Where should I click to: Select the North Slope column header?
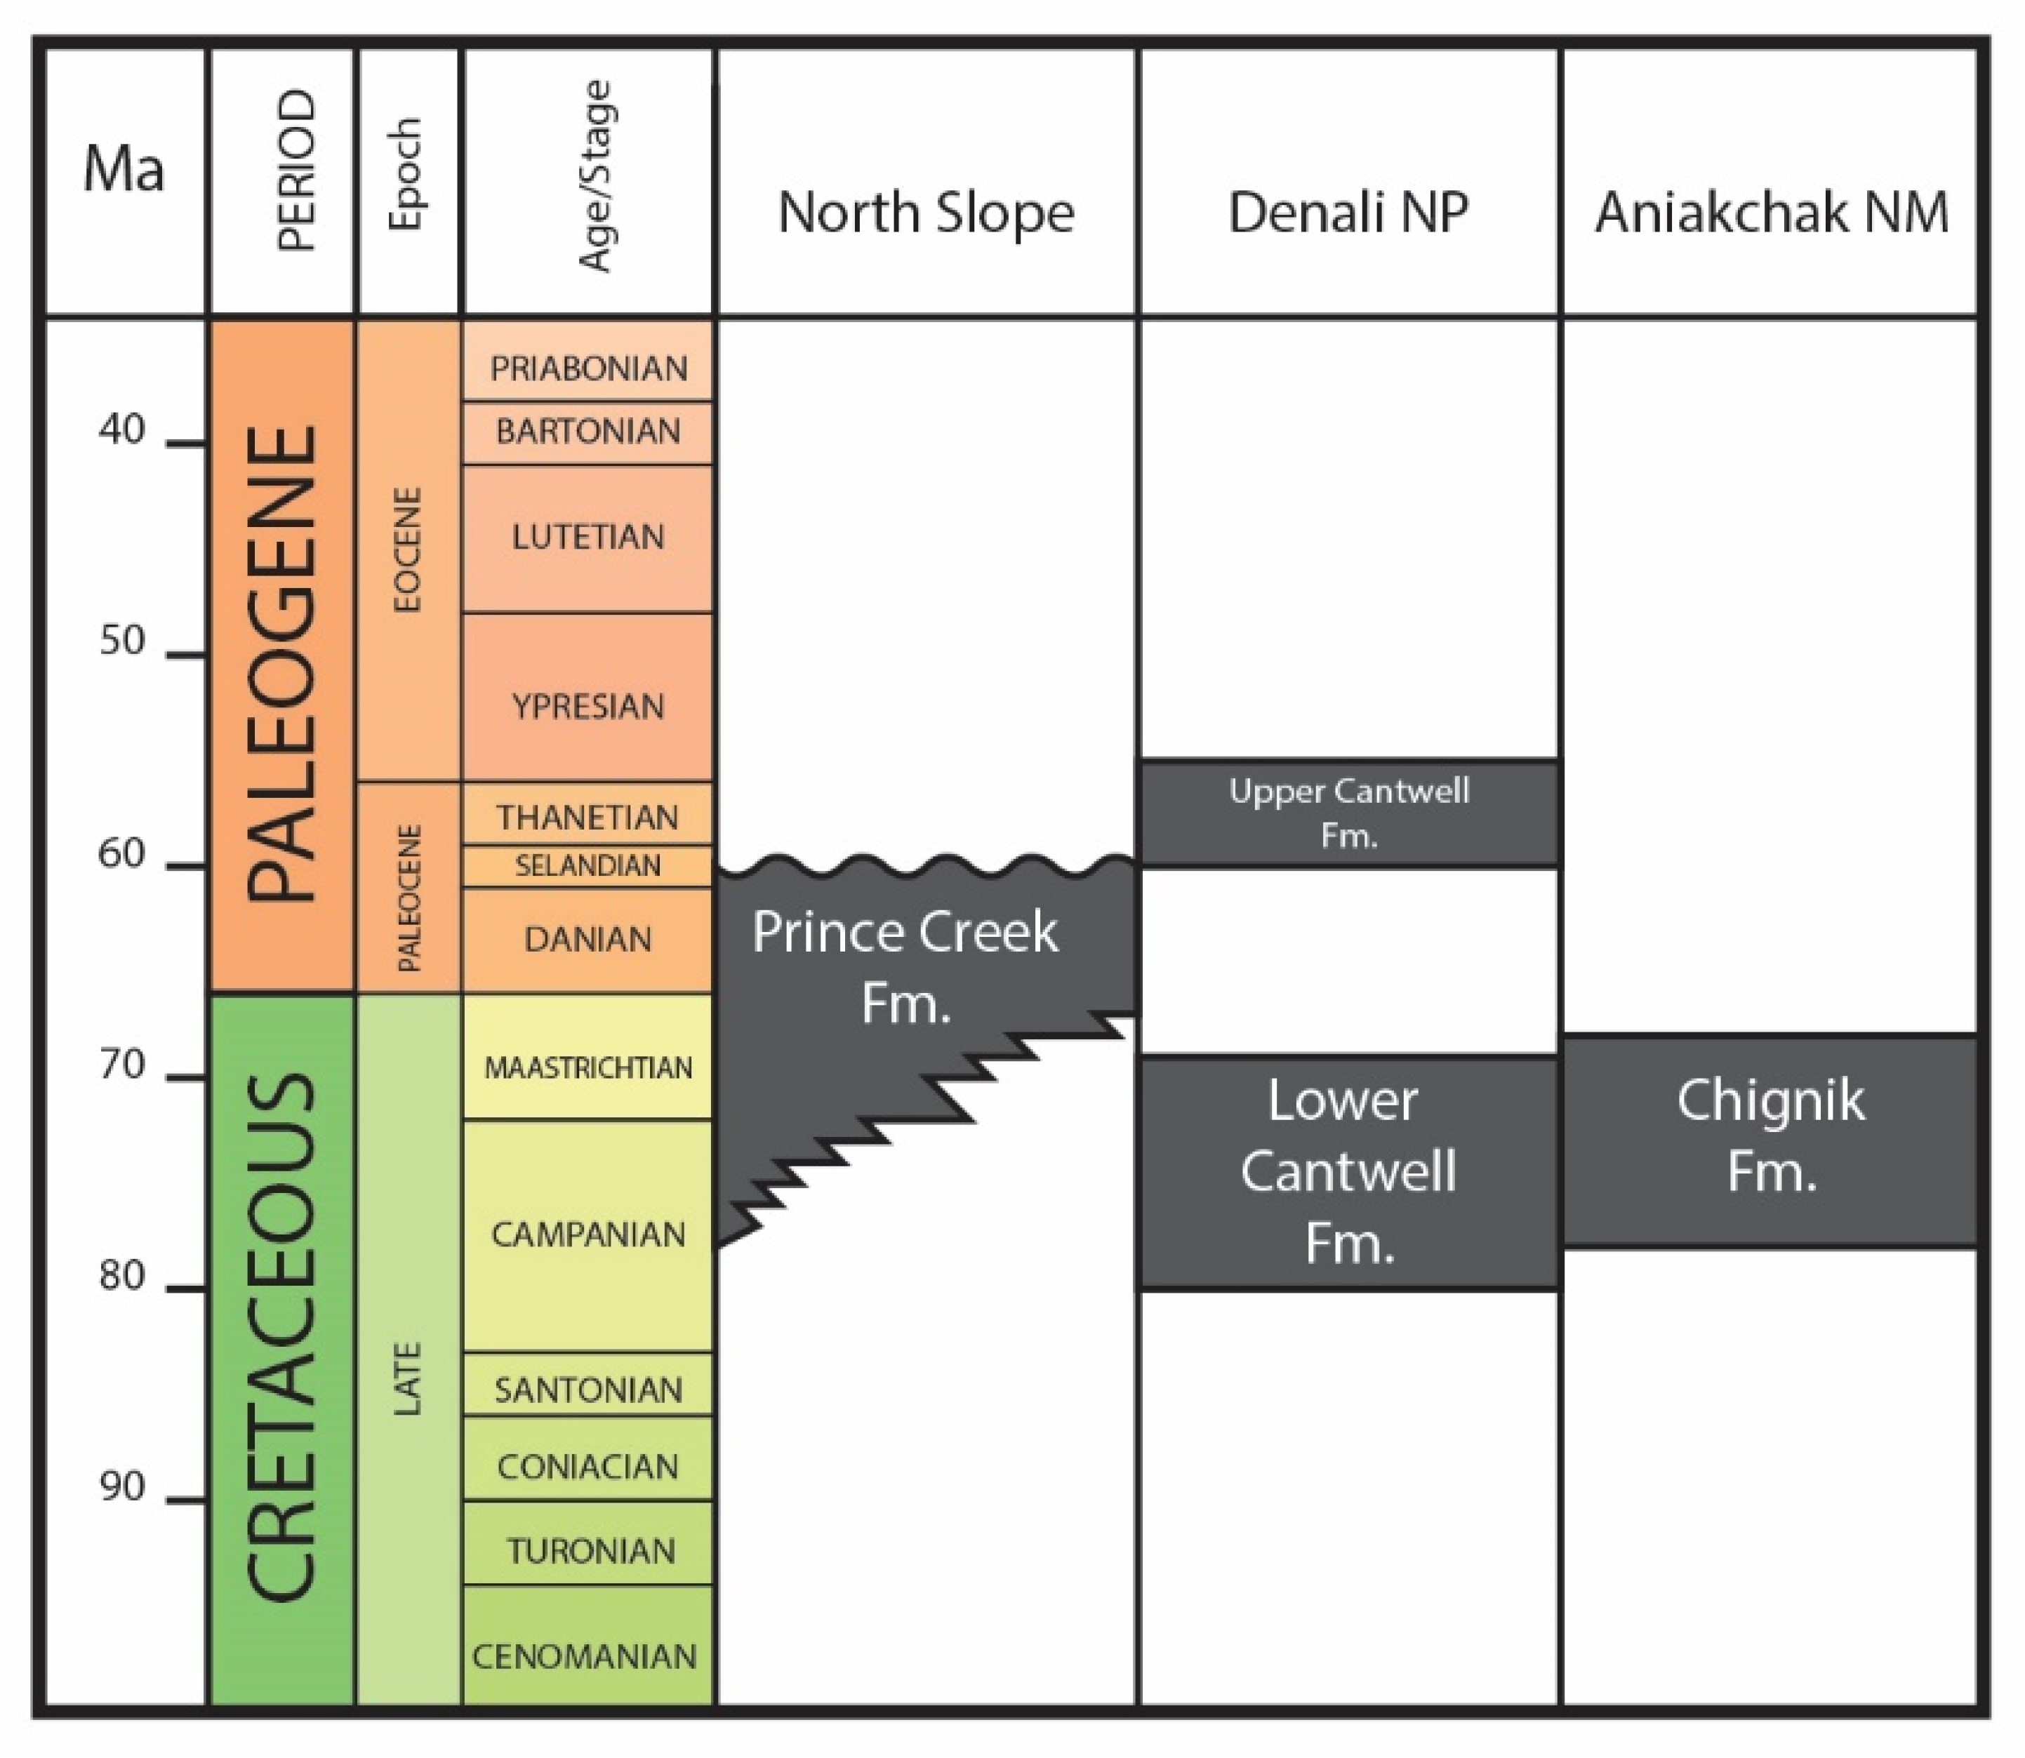tap(926, 213)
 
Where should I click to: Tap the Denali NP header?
tap(1348, 213)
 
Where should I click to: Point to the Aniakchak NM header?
tap(1771, 213)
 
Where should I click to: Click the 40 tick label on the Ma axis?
tap(121, 429)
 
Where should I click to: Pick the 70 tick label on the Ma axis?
tap(121, 1065)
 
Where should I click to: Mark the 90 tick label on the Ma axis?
tap(121, 1487)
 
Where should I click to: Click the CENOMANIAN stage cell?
tap(585, 1657)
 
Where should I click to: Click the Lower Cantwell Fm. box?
tap(1349, 1171)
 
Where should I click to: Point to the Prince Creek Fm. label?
tap(905, 967)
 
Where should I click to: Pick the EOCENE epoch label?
tap(407, 550)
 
